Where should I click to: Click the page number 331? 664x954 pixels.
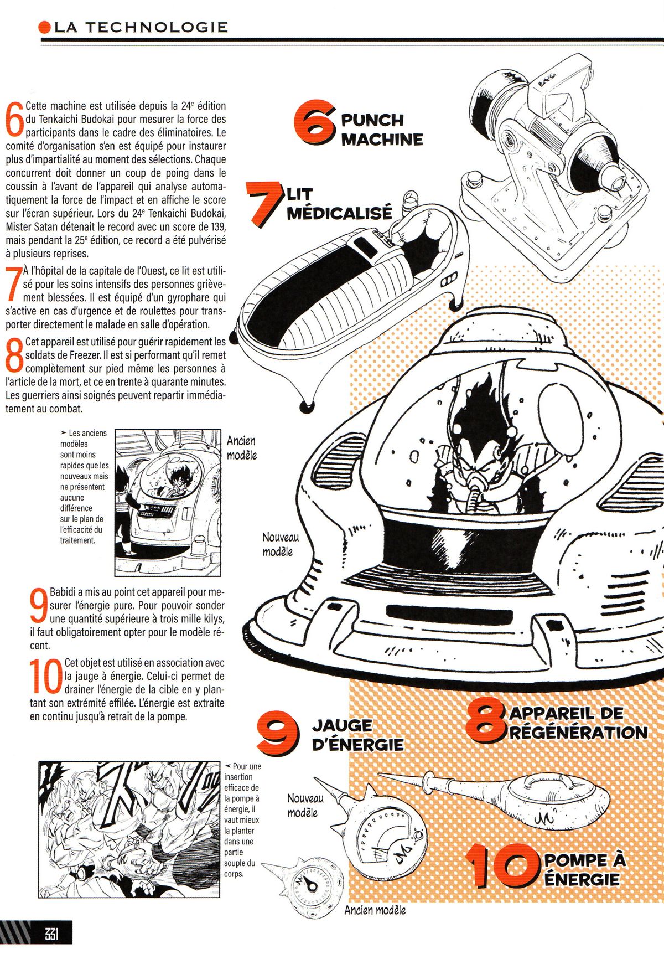click(x=51, y=935)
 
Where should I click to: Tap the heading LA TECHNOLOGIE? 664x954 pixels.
click(x=141, y=27)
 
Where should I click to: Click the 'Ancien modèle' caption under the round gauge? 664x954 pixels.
click(x=375, y=910)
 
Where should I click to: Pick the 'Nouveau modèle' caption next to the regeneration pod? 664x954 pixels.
click(x=281, y=544)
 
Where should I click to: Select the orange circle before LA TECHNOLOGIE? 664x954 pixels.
click(x=45, y=27)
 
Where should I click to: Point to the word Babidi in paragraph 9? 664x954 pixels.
click(x=64, y=592)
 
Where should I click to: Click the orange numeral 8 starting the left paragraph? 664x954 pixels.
click(x=14, y=354)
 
